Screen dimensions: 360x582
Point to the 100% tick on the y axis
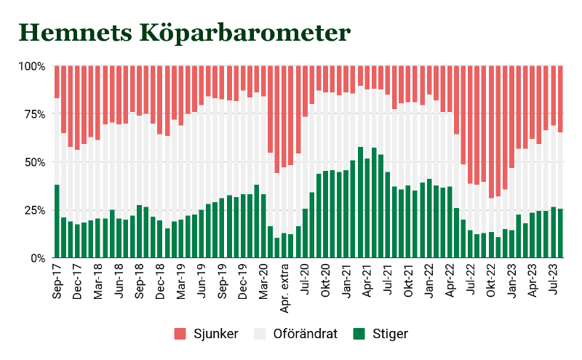pyautogui.click(x=31, y=66)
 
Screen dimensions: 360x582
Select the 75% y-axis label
pyautogui.click(x=33, y=114)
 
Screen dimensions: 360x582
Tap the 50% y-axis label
pyautogui.click(x=33, y=162)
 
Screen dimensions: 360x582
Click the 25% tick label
pyautogui.click(x=33, y=210)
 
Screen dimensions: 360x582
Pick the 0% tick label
pyautogui.click(x=36, y=258)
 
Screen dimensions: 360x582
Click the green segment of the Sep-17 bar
pyautogui.click(x=57, y=222)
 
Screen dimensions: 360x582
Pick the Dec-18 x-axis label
pyautogui.click(x=161, y=280)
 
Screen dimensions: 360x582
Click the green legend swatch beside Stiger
pyautogui.click(x=358, y=334)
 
